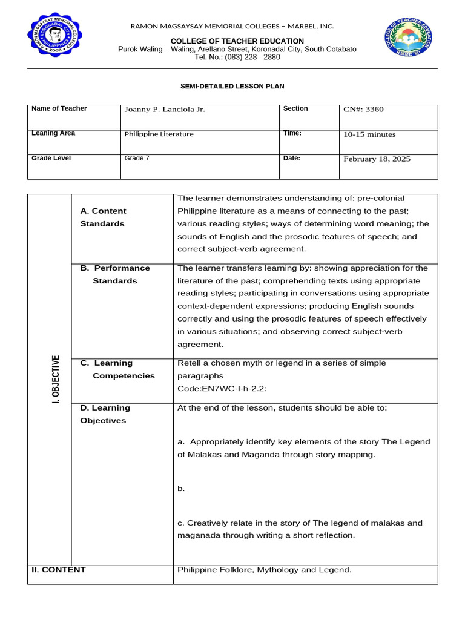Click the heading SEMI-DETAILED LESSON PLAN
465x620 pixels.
(x=232, y=87)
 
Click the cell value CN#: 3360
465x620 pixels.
(x=363, y=110)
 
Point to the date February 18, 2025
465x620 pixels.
(x=377, y=159)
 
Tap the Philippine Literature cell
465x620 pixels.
(x=159, y=134)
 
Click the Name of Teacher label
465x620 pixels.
(x=59, y=108)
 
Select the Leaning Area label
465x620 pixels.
(x=53, y=133)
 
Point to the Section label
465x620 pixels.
(x=295, y=108)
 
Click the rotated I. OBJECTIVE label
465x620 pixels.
(x=56, y=380)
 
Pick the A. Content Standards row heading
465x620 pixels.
(x=103, y=217)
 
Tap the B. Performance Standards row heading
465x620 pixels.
(x=114, y=274)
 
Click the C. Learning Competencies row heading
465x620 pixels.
(x=117, y=369)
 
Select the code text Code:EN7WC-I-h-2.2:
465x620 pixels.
(x=222, y=389)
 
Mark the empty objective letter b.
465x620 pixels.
(x=181, y=489)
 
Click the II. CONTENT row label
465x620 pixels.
(x=58, y=570)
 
